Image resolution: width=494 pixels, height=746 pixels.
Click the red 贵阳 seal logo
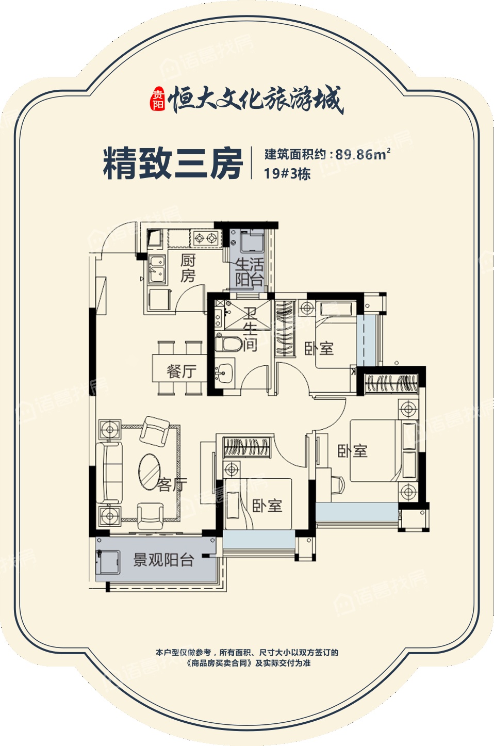point(157,99)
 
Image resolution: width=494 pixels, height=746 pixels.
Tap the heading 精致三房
point(172,164)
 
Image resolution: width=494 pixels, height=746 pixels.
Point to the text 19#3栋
point(287,174)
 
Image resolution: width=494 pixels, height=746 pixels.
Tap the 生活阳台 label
point(250,272)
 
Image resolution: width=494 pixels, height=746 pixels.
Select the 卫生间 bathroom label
point(250,329)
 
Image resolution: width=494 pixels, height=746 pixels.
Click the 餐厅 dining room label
point(181,371)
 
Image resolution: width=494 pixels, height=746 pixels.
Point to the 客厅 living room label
point(171,484)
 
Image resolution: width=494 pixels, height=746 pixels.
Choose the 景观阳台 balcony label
point(163,560)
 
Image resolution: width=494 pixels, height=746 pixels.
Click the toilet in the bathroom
point(229,344)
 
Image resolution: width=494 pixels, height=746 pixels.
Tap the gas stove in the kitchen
point(205,239)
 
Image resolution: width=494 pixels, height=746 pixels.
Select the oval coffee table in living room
point(150,471)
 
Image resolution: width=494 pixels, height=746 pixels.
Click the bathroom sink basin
point(224,371)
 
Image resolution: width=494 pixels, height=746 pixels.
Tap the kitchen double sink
point(157,268)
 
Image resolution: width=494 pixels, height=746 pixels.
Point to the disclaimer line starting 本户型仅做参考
point(247,652)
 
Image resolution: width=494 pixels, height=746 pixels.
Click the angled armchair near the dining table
point(155,430)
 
